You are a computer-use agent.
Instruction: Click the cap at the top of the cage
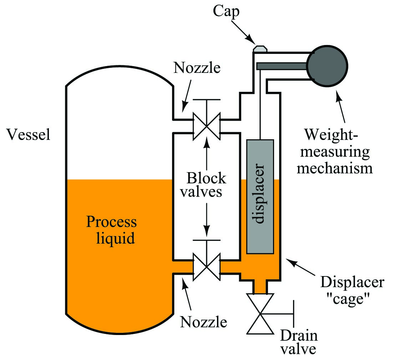[x=260, y=49]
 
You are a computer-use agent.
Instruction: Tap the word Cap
[x=226, y=12]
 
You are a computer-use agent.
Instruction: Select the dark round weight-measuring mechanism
[x=327, y=66]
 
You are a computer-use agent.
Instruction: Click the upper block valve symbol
[x=207, y=126]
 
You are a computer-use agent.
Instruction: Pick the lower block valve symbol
[x=207, y=266]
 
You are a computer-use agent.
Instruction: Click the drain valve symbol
[x=260, y=314]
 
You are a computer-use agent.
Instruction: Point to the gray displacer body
[x=260, y=196]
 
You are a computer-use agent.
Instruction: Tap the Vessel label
[x=29, y=135]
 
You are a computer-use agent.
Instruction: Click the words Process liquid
[x=111, y=230]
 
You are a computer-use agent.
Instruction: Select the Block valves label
[x=203, y=185]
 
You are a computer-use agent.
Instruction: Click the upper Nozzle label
[x=197, y=68]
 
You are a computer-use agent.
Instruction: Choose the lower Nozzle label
[x=203, y=322]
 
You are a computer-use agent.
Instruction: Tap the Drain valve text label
[x=299, y=342]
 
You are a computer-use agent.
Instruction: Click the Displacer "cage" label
[x=352, y=290]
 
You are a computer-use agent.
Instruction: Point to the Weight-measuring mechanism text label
[x=335, y=151]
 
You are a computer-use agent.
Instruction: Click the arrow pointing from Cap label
[x=242, y=32]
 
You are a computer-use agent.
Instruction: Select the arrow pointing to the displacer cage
[x=300, y=267]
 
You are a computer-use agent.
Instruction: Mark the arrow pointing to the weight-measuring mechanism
[x=341, y=106]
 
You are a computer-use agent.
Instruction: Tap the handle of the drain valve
[x=293, y=314]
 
